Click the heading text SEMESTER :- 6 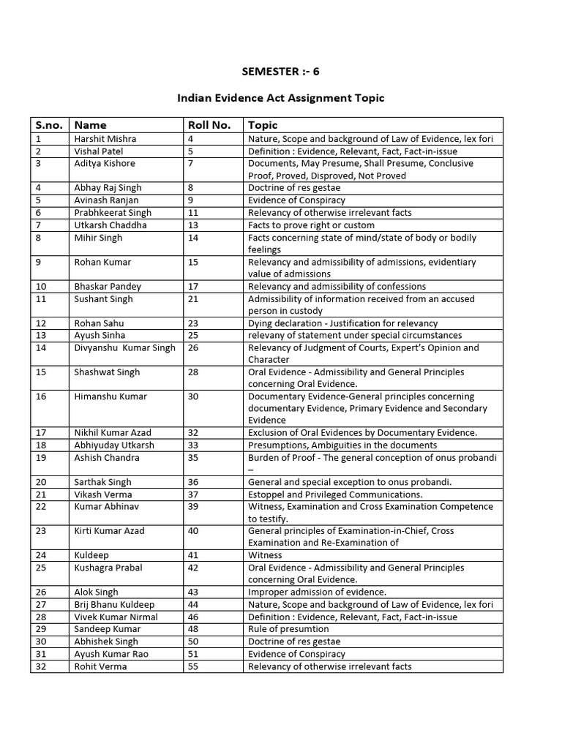tap(281, 71)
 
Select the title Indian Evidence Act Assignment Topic tap(281, 98)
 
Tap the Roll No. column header tap(209, 125)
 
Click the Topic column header tap(263, 125)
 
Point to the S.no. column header tap(49, 125)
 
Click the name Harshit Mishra tap(105, 138)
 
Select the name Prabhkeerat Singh tap(113, 212)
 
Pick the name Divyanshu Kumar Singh tap(124, 347)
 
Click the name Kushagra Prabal tap(108, 568)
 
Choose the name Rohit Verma tap(100, 666)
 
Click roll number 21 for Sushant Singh tap(193, 298)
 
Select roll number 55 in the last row tap(193, 666)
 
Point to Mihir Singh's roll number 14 tap(193, 237)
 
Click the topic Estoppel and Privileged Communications tap(335, 494)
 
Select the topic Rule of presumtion tap(288, 629)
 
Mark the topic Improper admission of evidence tap(317, 592)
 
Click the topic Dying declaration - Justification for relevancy tap(342, 323)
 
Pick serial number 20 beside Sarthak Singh tap(41, 482)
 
